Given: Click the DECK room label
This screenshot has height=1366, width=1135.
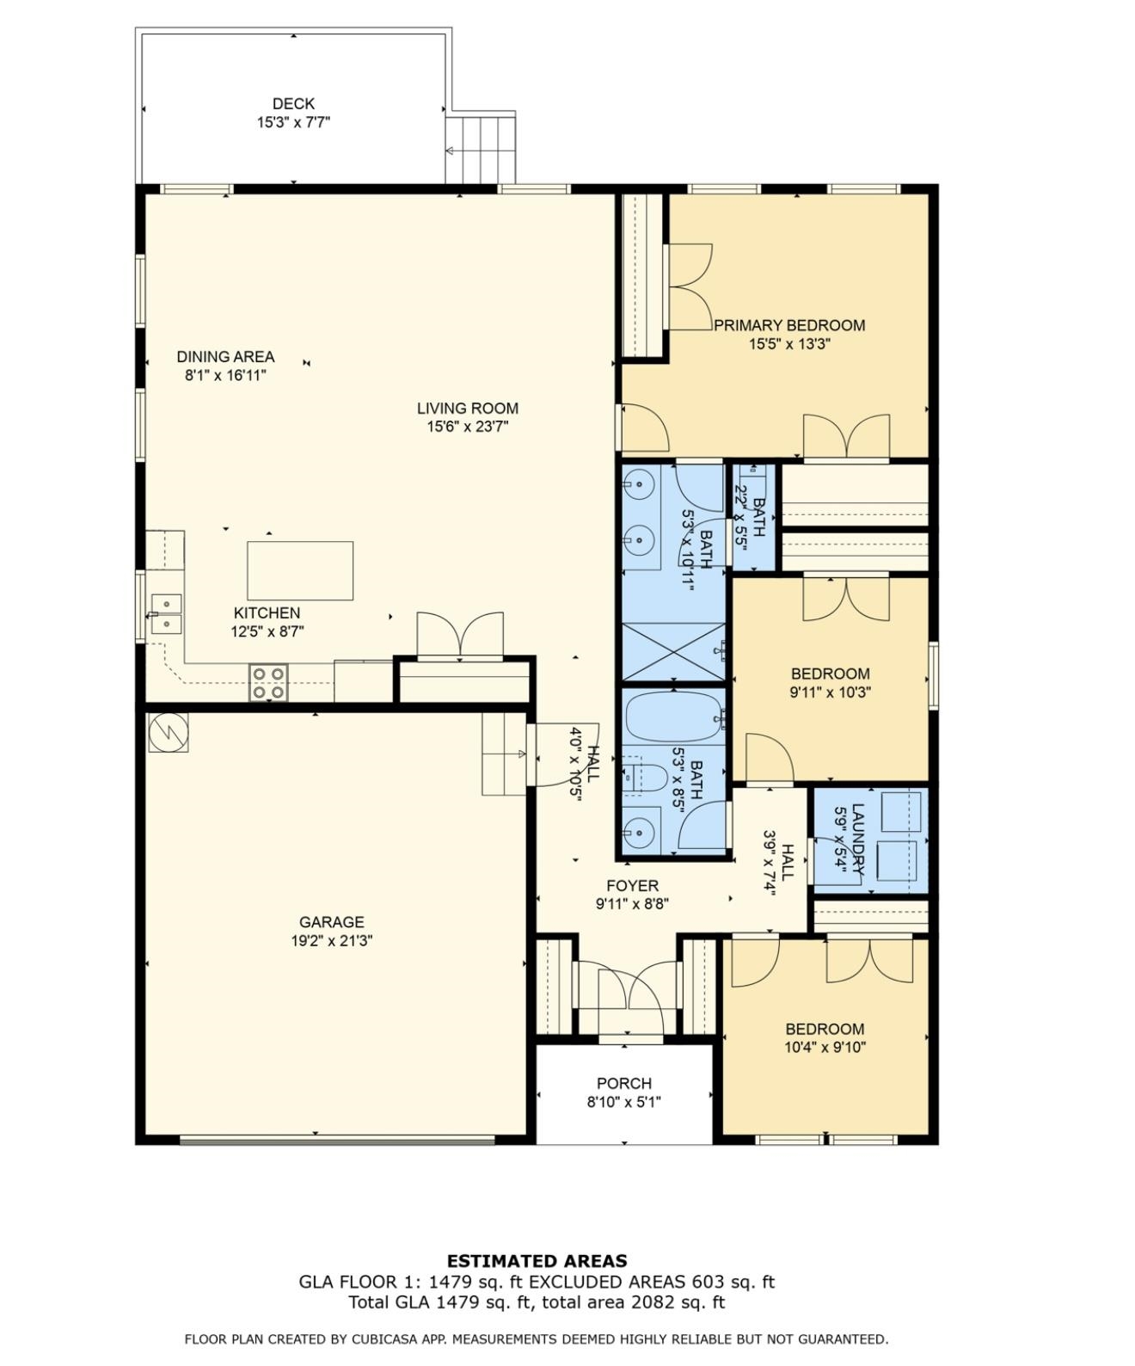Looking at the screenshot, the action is click(x=293, y=103).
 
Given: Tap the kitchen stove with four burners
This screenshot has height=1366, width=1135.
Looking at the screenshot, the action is click(x=268, y=682).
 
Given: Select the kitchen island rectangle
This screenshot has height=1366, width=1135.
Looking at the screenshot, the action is click(x=300, y=570).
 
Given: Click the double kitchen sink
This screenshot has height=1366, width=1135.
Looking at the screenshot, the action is click(x=166, y=613).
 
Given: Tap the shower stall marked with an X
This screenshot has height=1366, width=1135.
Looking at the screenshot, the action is click(x=673, y=651).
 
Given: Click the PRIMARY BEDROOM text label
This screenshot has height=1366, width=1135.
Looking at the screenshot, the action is click(x=789, y=325).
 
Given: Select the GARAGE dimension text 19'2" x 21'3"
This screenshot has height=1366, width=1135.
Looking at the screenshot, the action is click(x=332, y=941).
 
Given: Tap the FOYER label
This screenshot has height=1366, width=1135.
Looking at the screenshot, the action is click(x=632, y=886).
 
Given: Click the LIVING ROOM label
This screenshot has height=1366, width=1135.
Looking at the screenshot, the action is click(x=468, y=409).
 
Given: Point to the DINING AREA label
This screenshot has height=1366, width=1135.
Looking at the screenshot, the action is click(x=225, y=356).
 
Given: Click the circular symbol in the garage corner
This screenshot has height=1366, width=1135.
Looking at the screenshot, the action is click(x=169, y=732).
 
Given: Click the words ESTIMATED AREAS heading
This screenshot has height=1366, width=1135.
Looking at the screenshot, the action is click(x=537, y=1261).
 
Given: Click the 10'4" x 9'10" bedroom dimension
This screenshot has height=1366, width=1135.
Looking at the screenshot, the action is click(x=825, y=1048).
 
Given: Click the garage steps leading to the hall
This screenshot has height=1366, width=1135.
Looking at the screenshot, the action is click(x=505, y=754).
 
